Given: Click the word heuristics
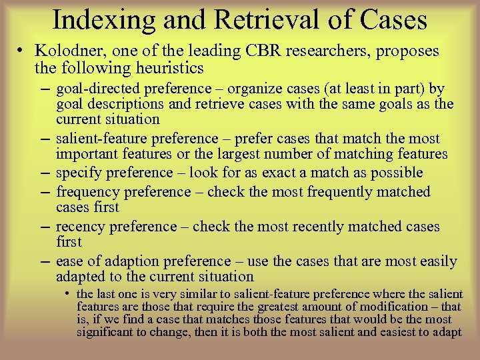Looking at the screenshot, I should coord(171,68).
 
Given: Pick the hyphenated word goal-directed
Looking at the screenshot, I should coord(97,89).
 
